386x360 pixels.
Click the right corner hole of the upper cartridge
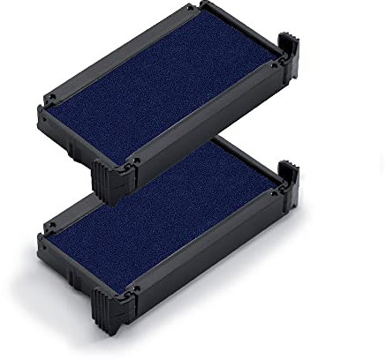pyautogui.click(x=276, y=63)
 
